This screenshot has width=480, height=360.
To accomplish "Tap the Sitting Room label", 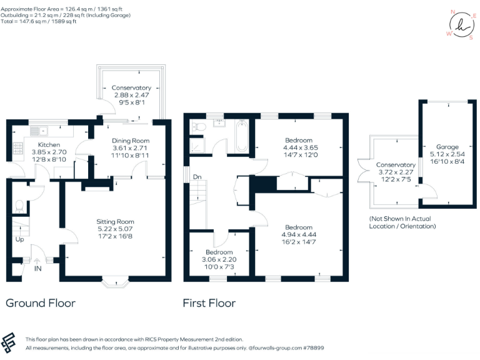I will (x=115, y=221).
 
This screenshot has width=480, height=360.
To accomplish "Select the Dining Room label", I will (x=131, y=141).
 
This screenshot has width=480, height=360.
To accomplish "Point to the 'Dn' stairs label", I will (x=197, y=177).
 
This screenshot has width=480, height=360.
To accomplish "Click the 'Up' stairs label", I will (x=19, y=239).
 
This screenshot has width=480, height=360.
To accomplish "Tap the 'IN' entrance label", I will (x=37, y=268).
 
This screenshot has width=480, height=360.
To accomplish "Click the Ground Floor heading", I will (x=41, y=303).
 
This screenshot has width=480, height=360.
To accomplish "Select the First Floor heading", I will (x=209, y=303).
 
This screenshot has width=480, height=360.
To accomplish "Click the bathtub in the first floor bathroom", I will (x=241, y=137).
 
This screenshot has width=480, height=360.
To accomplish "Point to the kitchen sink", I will (x=34, y=131).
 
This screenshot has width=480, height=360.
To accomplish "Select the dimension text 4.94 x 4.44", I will (x=300, y=235).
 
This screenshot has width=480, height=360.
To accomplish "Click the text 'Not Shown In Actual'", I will (x=402, y=218).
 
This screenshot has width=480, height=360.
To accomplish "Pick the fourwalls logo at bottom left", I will (x=10, y=343).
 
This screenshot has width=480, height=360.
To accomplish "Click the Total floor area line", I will (x=39, y=21).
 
